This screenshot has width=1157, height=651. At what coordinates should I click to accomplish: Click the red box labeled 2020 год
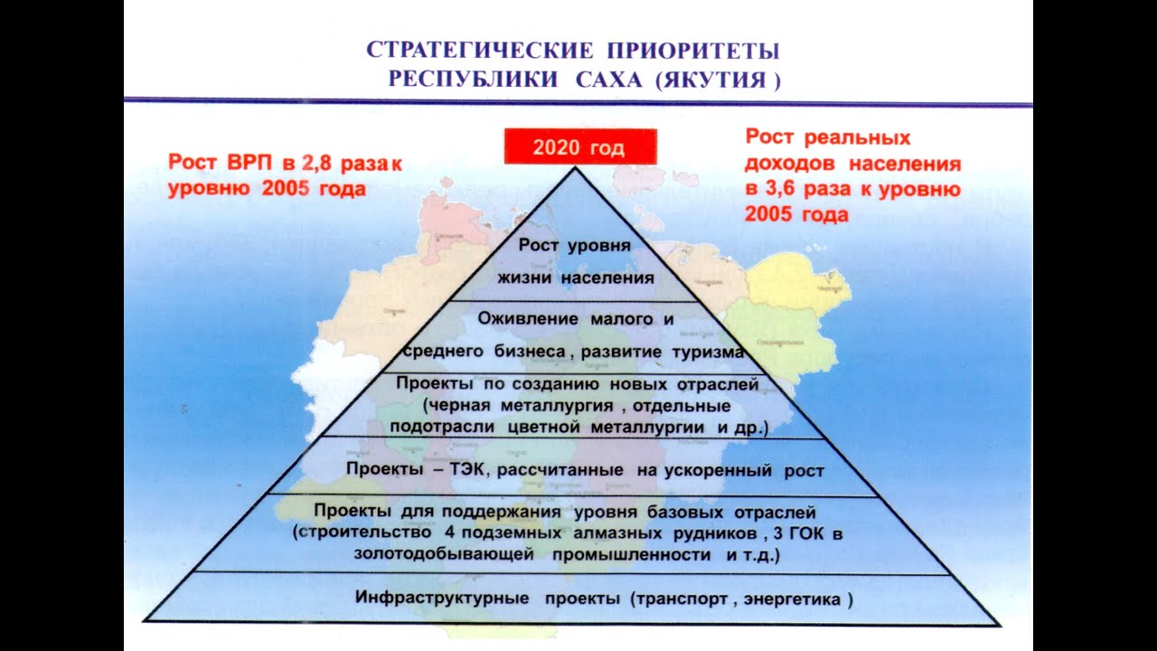579,147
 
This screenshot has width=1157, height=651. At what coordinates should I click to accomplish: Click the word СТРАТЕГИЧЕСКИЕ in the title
466,50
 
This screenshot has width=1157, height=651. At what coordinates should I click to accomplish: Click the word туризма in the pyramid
710,351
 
